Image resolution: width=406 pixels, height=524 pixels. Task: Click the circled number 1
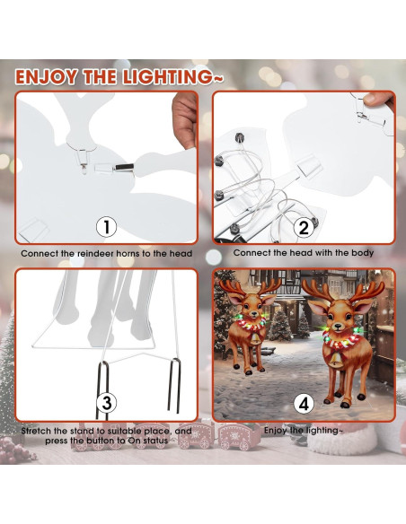pos(106,227)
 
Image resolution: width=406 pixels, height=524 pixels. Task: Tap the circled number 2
pos(302,227)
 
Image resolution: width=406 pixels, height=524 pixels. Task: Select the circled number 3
pos(106,403)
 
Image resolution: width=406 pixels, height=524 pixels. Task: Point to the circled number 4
pos(302,403)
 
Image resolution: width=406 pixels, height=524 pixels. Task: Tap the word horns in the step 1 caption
pos(121,254)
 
